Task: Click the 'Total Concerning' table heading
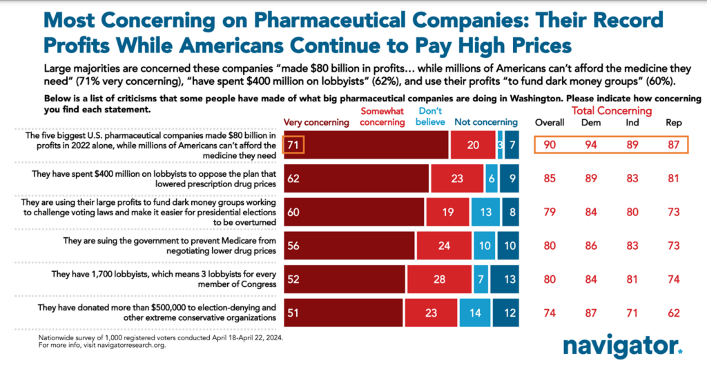pyautogui.click(x=612, y=110)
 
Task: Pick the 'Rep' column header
pyautogui.click(x=674, y=123)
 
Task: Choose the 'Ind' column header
pyautogui.click(x=632, y=123)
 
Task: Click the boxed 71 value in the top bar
pyautogui.click(x=293, y=145)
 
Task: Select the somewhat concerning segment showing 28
pyautogui.click(x=440, y=280)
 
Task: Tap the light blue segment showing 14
pyautogui.click(x=474, y=312)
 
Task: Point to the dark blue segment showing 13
pyautogui.click(x=509, y=280)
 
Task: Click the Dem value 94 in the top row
pyautogui.click(x=590, y=145)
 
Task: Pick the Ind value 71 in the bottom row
pyautogui.click(x=632, y=312)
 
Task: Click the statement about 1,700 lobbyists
pyautogui.click(x=155, y=280)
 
